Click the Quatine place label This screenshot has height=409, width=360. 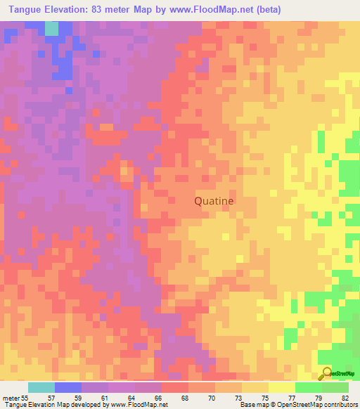pos(214,201)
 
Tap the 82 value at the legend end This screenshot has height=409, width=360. pos(346,397)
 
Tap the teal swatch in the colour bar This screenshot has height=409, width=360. pos(41,387)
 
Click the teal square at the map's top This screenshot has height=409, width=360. pos(51,28)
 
